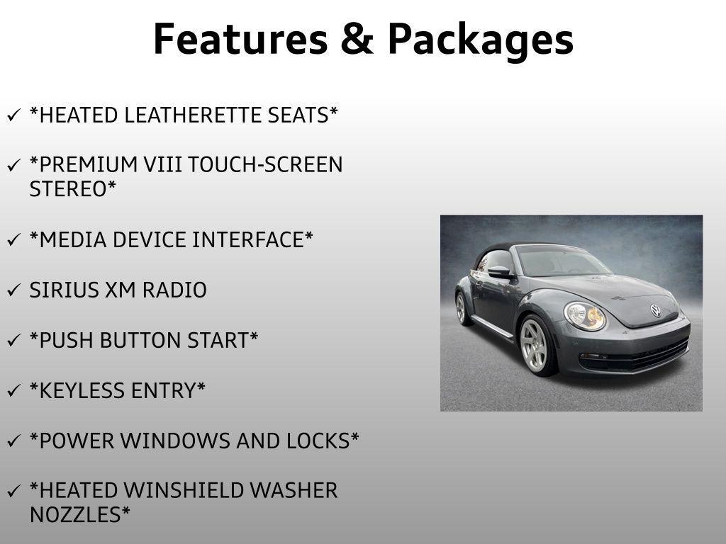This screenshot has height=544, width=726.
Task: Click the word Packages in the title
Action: point(480,41)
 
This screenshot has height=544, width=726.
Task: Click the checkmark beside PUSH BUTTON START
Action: point(14,341)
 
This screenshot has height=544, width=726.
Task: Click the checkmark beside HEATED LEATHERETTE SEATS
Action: point(14,115)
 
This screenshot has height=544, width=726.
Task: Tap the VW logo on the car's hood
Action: point(655,310)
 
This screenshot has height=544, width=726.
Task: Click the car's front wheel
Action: point(536,345)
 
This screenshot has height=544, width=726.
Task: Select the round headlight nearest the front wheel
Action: point(585,316)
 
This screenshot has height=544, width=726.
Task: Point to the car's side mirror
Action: point(499,272)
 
